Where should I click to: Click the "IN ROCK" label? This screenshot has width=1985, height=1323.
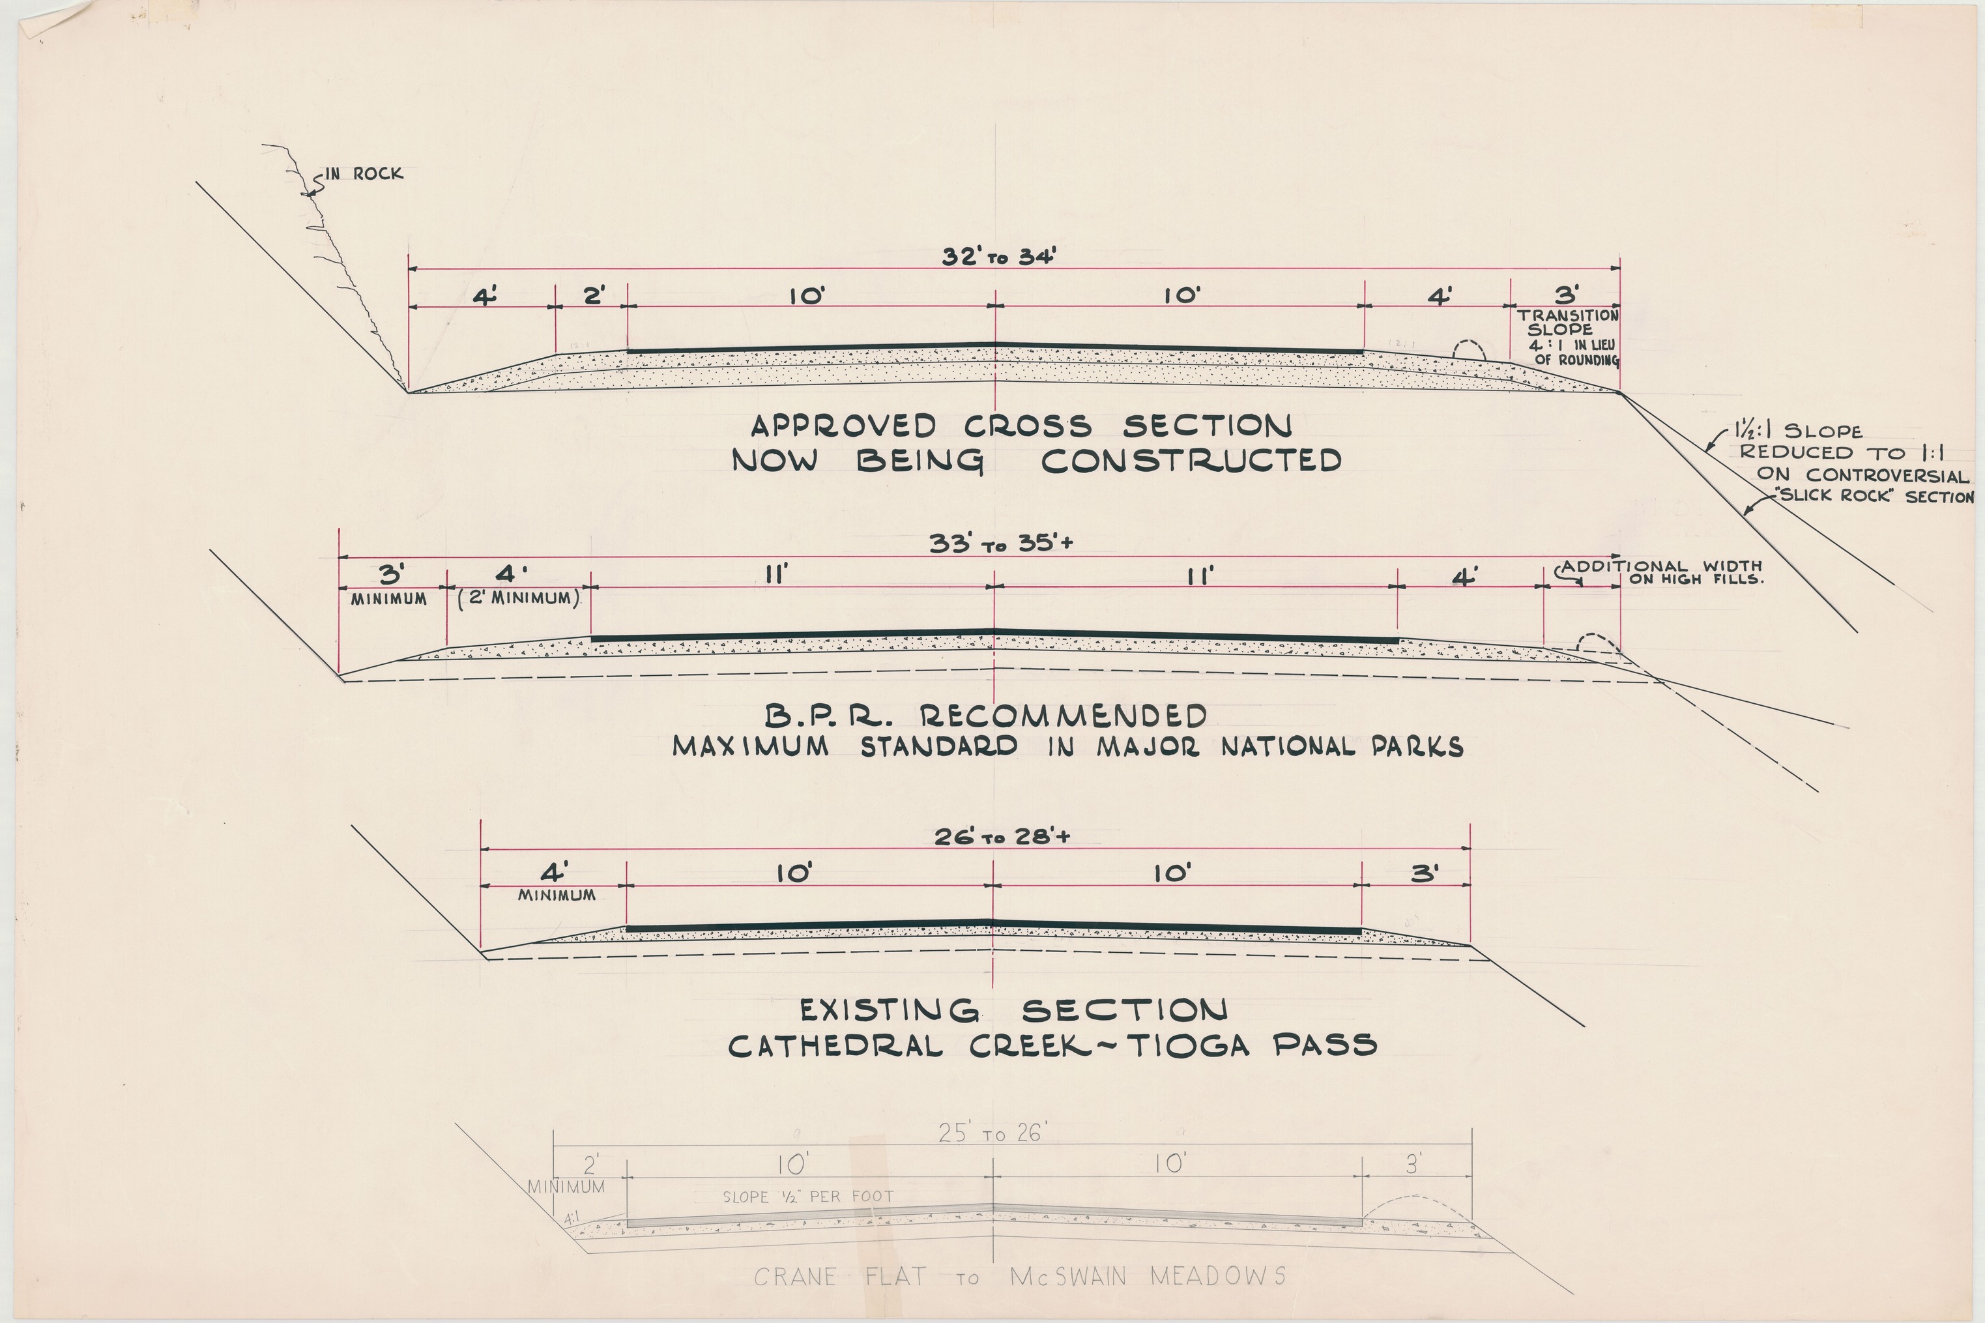pos(364,174)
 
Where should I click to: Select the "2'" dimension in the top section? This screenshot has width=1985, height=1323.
pos(594,295)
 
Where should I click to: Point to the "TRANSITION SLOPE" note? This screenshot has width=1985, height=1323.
pos(1567,323)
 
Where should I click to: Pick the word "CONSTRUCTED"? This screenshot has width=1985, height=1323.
pos(1191,461)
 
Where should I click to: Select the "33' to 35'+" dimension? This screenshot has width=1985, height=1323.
pos(1002,544)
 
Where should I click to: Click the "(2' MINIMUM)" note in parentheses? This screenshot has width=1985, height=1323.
pos(519,599)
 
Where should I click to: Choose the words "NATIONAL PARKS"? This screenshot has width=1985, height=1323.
pos(1341,747)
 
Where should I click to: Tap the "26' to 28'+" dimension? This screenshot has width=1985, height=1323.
pos(1002,837)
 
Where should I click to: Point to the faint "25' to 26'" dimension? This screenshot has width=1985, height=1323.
pos(992,1133)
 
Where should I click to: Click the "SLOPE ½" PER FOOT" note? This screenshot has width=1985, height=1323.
pos(807,1197)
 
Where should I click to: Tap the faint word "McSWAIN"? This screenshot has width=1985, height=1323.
pos(1068,1277)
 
